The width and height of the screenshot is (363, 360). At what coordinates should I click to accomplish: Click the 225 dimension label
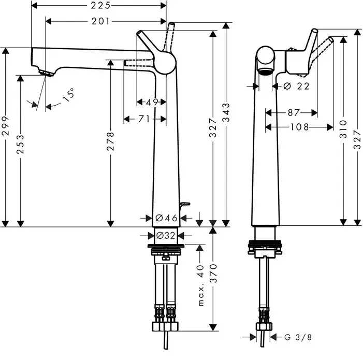[100, 6]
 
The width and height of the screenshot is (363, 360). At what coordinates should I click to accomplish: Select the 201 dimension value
[100, 21]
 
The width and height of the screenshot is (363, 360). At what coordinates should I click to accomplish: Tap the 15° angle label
[69, 94]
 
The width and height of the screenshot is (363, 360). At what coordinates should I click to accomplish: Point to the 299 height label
[5, 126]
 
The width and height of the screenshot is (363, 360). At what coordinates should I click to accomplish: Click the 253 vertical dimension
[20, 145]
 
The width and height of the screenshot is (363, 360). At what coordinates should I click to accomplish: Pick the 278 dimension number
[111, 141]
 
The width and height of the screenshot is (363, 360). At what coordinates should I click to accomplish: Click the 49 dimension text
[152, 102]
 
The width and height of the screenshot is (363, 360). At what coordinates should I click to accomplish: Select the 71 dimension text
[144, 119]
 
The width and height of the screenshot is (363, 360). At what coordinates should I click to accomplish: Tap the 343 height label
[226, 112]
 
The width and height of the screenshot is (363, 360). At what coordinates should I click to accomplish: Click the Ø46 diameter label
[166, 218]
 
